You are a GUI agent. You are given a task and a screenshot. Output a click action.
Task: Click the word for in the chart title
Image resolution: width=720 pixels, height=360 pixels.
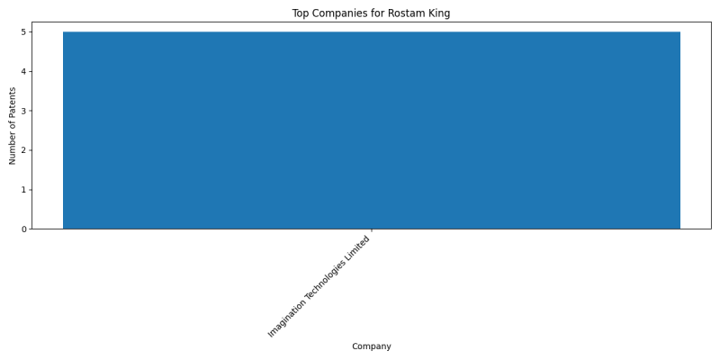pyautogui.click(x=377, y=13)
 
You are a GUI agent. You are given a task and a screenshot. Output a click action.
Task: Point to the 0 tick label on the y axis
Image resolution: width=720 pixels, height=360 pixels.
pyautogui.click(x=23, y=229)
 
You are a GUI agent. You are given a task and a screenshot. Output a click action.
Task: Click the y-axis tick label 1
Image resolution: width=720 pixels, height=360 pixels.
pyautogui.click(x=23, y=190)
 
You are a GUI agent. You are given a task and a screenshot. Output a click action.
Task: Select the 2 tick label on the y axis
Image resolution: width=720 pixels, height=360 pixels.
pyautogui.click(x=23, y=150)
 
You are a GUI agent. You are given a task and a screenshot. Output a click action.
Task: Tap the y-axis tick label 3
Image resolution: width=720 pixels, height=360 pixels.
pyautogui.click(x=23, y=111)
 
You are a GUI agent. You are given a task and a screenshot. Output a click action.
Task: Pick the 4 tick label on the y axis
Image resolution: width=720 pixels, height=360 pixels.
pyautogui.click(x=23, y=71)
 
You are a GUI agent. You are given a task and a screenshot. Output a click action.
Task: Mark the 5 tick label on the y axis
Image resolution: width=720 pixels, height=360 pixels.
pyautogui.click(x=23, y=31)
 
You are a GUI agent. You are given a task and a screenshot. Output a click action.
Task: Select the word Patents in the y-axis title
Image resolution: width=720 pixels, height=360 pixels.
pyautogui.click(x=13, y=103)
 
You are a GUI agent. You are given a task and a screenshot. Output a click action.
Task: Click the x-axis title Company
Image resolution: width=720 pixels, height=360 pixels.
pyautogui.click(x=372, y=346)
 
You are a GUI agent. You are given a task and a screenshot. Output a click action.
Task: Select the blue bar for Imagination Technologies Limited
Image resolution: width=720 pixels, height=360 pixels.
pyautogui.click(x=372, y=130)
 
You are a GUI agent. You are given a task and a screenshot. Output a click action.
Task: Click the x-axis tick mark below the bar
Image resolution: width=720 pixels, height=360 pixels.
pyautogui.click(x=372, y=230)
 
